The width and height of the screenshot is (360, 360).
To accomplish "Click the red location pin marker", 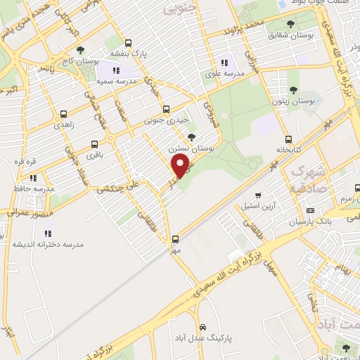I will coord(181,166).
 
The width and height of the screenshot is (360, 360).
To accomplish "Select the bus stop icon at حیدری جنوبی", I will coord(166,109).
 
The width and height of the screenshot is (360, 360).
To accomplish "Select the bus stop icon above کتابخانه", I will coord(289,139).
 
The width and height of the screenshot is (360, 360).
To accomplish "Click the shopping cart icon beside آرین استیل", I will coord(258,195).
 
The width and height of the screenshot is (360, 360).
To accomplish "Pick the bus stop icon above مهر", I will coord(175,238).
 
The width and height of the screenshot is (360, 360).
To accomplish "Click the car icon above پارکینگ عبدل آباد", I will coord(202,328).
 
